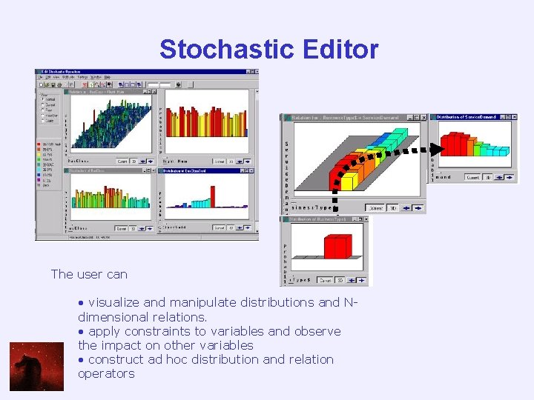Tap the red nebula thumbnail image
click(x=36, y=366)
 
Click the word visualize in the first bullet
click(x=114, y=302)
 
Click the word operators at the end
click(x=106, y=373)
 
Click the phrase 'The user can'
click(x=89, y=274)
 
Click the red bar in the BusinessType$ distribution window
click(x=337, y=247)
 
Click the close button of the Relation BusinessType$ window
click(x=424, y=117)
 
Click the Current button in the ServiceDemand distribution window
click(x=472, y=178)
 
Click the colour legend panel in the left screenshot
click(x=50, y=167)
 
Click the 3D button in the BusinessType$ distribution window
click(x=340, y=281)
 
